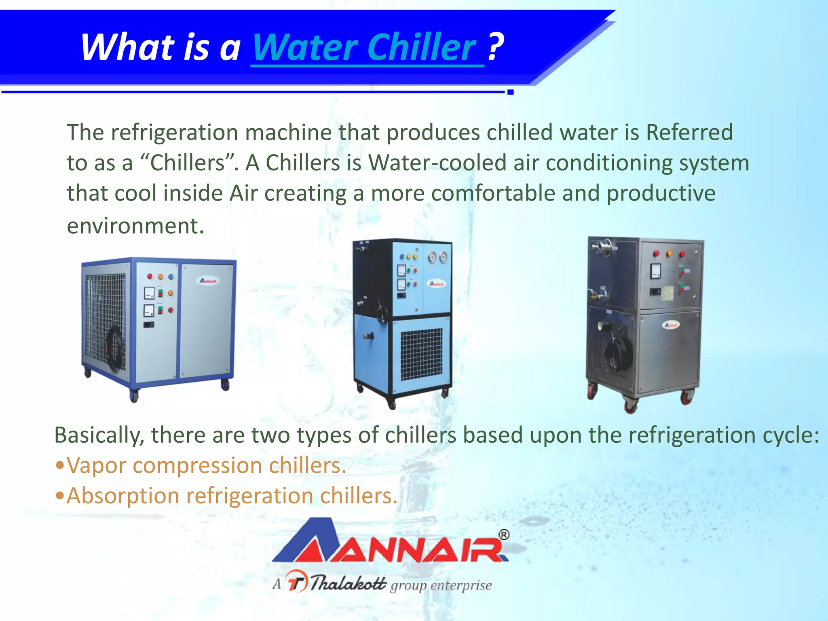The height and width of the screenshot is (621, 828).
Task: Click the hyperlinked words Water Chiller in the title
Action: (367, 48)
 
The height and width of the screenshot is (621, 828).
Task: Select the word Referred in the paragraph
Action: (689, 132)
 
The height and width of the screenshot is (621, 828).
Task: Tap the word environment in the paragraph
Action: (135, 226)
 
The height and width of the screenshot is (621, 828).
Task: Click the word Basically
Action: (99, 435)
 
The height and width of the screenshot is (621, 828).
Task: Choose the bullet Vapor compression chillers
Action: (206, 465)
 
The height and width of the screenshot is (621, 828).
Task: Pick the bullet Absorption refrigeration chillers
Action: (232, 496)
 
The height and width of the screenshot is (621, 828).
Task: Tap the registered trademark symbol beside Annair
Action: (504, 535)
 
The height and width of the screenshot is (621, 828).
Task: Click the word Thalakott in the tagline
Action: (349, 583)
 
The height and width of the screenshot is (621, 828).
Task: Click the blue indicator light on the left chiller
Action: (171, 277)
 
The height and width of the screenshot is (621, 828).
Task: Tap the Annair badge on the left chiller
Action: (209, 281)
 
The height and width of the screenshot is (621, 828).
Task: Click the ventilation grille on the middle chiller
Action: (421, 354)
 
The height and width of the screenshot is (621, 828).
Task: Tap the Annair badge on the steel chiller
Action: (671, 325)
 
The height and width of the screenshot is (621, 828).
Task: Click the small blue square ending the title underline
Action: (510, 92)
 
